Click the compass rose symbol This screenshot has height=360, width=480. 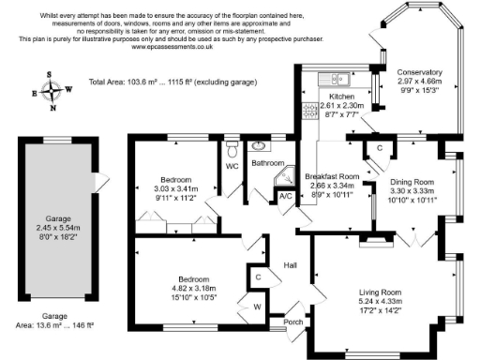point(52,91)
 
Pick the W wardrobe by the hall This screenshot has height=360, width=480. point(256,306)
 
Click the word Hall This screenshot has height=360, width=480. point(290,265)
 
